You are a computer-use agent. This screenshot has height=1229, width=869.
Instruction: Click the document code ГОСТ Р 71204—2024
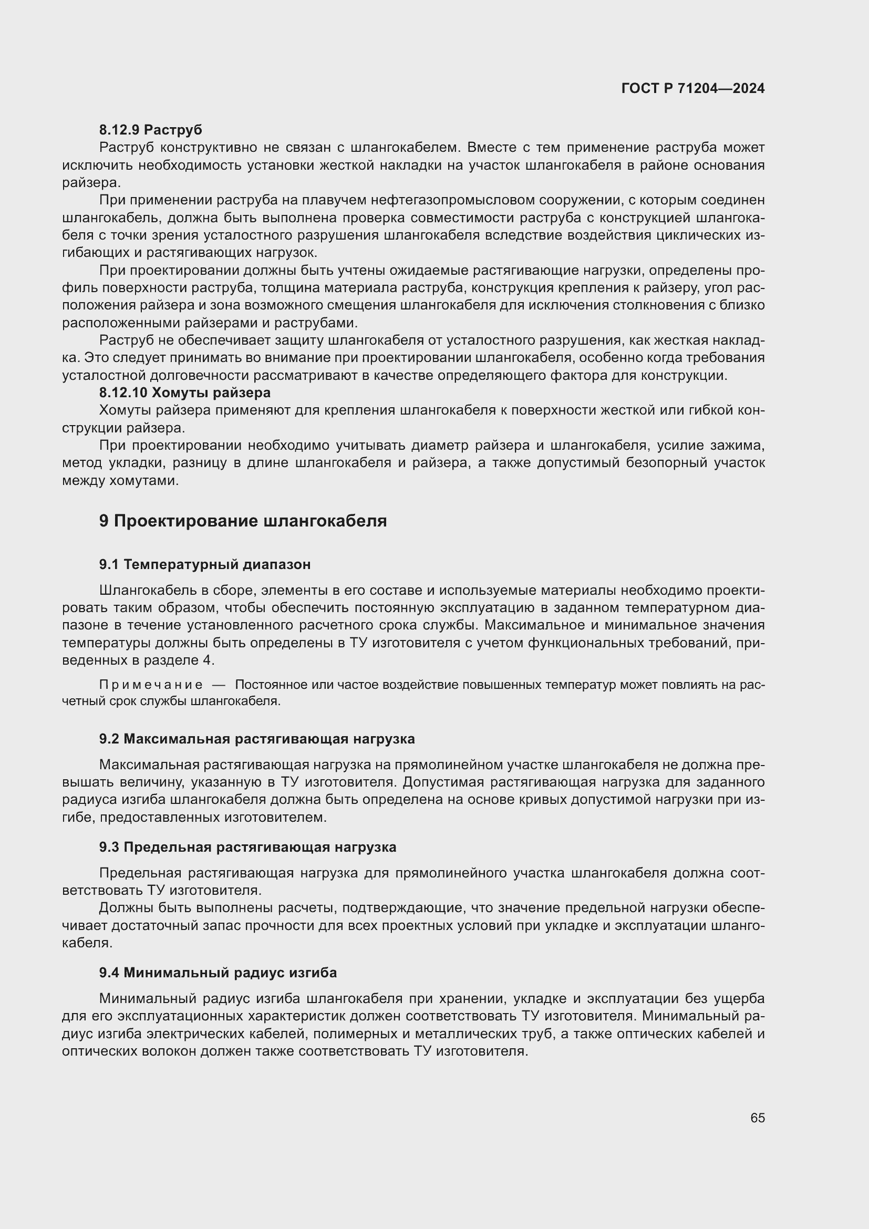(x=693, y=88)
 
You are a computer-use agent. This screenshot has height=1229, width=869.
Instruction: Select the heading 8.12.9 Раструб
(x=150, y=130)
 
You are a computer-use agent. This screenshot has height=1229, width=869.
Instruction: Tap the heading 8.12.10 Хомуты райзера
(x=184, y=393)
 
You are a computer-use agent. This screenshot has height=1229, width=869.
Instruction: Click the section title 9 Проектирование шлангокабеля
(x=242, y=521)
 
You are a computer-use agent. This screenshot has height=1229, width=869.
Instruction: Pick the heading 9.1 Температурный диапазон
(x=204, y=564)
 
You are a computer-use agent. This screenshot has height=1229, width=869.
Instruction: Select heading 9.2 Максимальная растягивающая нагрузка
(x=257, y=739)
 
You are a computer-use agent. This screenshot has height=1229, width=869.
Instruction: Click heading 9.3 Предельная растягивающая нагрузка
(x=247, y=847)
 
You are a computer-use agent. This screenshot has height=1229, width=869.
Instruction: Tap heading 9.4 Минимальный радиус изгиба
(x=218, y=972)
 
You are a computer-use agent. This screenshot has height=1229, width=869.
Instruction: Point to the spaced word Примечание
(x=151, y=685)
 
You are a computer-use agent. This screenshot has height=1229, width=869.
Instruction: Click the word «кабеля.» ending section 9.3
(x=87, y=943)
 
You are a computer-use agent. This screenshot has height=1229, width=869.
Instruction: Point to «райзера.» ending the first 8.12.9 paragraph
(x=91, y=182)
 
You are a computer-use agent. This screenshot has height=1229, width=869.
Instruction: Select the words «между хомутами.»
(x=120, y=480)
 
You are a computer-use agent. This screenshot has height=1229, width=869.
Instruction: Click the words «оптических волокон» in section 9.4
(x=128, y=1051)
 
